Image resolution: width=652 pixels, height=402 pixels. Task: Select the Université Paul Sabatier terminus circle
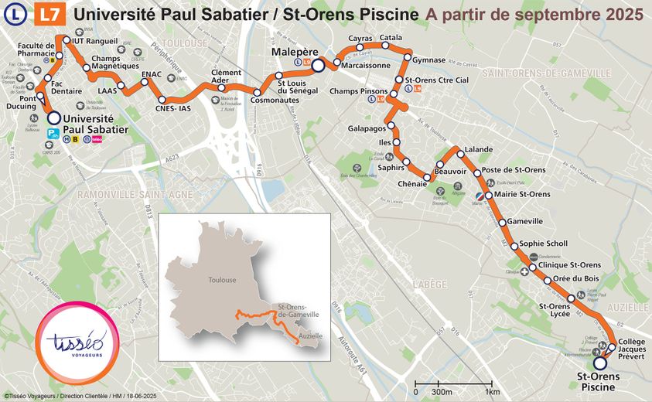coord(53,118)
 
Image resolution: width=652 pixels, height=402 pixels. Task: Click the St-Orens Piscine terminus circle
coord(599,363)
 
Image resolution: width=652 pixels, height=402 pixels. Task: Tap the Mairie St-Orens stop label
coord(522,193)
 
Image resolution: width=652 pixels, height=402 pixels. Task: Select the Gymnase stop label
coord(429,60)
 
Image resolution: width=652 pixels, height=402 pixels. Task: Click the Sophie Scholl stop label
coord(544,244)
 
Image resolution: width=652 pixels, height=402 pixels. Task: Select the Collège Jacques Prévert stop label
coord(632,350)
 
